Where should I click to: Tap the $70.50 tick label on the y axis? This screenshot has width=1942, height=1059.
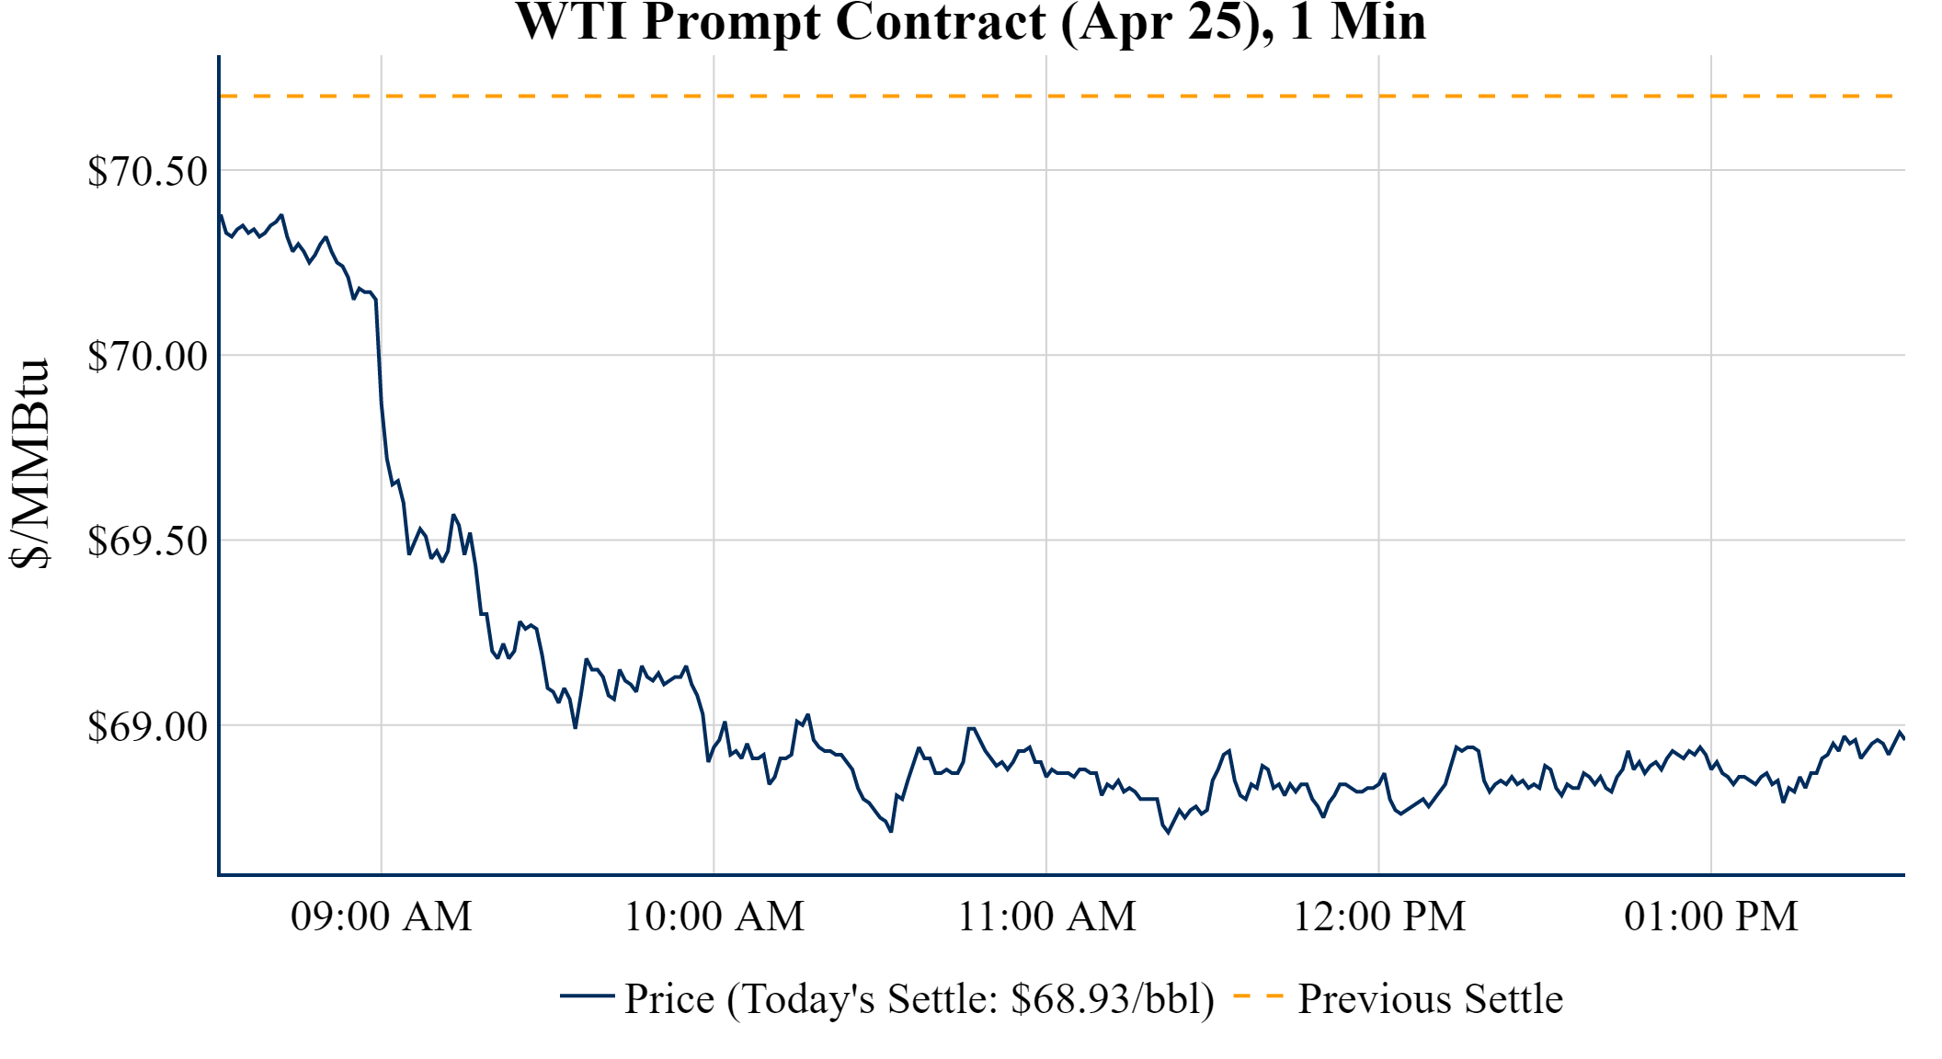coord(147,172)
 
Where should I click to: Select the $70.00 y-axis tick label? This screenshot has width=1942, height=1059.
coord(147,357)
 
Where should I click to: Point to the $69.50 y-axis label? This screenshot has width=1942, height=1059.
coord(147,541)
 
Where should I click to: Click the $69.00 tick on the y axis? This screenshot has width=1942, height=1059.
coord(147,727)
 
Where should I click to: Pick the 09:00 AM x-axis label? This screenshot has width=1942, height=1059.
coord(382,917)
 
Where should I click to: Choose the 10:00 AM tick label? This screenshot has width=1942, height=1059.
coord(714,917)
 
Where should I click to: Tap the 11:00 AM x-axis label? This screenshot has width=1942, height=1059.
coord(1046,917)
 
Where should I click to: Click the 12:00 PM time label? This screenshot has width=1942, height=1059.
coord(1379,917)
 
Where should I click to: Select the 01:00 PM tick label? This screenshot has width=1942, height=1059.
coord(1711,917)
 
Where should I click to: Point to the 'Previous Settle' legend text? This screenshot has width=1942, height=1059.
coord(1430,999)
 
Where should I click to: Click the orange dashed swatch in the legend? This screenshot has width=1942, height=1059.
coord(1257,996)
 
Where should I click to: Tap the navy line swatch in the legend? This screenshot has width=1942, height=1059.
coord(587,996)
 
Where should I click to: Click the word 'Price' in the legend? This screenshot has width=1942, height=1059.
coord(669,999)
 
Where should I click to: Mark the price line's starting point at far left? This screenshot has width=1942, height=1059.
coord(222,216)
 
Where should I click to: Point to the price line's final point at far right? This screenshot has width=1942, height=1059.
coord(1903,738)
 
